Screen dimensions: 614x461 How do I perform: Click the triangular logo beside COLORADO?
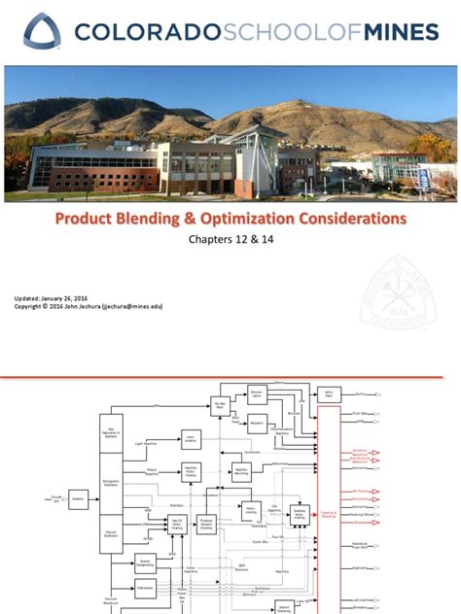42,31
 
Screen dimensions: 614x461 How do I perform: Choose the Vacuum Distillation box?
110,534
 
